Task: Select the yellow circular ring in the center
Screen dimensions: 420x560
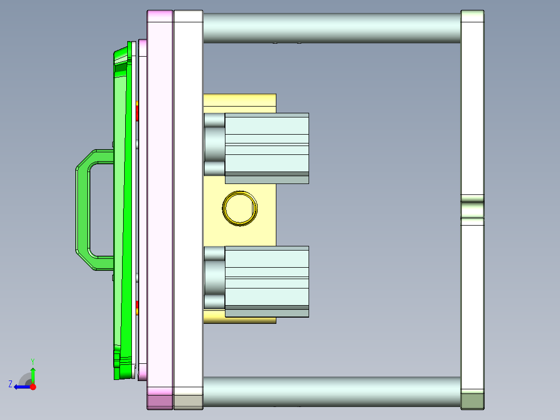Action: coord(239,208)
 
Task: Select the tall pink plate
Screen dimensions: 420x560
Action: coord(160,208)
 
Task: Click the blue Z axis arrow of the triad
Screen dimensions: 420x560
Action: coord(20,387)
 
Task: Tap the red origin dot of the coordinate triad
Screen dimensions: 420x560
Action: coord(33,387)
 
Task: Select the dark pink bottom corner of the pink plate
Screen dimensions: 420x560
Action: coord(160,401)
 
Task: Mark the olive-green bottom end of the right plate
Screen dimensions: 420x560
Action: coord(472,401)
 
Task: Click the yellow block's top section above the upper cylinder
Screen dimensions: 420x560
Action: coord(239,102)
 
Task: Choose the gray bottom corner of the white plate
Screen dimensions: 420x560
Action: coord(188,401)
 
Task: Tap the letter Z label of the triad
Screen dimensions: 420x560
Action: coord(10,384)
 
